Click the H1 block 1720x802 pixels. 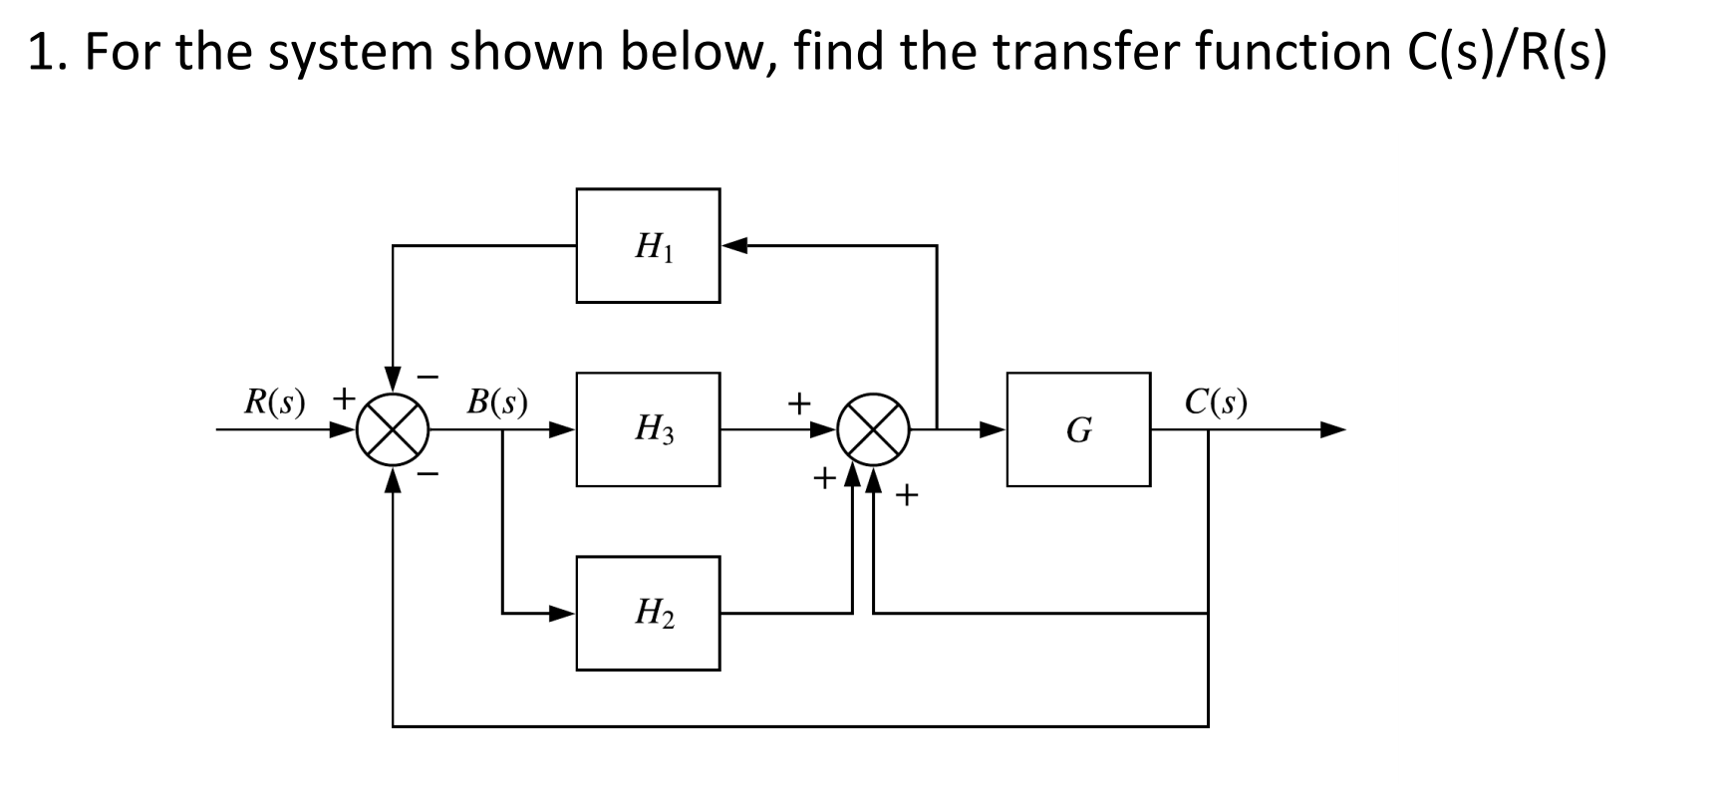pos(648,245)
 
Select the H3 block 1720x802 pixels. pos(648,429)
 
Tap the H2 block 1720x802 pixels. pos(648,613)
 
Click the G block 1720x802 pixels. pos(1078,429)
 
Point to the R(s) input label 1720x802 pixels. pos(274,401)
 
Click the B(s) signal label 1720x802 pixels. pos(497,401)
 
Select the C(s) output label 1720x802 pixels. pos(1216,401)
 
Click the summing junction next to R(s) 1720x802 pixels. pos(394,430)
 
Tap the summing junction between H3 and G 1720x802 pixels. pos(873,430)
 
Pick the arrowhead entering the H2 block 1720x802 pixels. pos(563,613)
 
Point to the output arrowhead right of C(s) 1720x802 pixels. pos(1332,430)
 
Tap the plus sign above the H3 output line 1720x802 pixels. pos(797,403)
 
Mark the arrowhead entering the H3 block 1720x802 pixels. pos(563,430)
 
